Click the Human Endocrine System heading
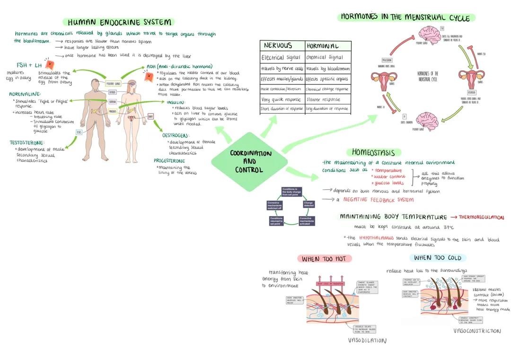coord(119,22)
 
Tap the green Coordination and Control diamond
coord(250,161)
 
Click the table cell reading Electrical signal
coord(282,58)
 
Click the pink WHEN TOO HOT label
coord(324,259)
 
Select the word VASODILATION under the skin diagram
coord(367,340)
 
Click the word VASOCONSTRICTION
coord(477,331)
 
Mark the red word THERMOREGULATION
coord(481,217)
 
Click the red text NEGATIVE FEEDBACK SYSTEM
coord(378,200)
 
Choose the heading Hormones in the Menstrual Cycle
coord(406,18)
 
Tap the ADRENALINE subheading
coord(25,94)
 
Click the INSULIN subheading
coord(176,102)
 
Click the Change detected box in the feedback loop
coord(308,204)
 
